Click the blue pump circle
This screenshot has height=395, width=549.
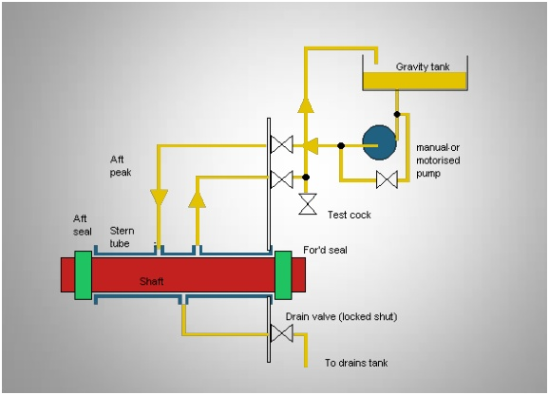(x=380, y=142)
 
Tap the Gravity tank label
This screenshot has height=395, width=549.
(x=423, y=66)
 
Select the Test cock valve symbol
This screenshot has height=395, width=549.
(x=308, y=204)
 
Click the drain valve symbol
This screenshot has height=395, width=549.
(x=282, y=333)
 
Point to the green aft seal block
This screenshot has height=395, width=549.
(x=84, y=275)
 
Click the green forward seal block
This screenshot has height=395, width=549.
(x=283, y=275)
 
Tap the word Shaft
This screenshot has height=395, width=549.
(x=151, y=281)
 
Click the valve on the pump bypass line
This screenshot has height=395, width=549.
(x=387, y=179)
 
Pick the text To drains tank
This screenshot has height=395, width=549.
(x=356, y=363)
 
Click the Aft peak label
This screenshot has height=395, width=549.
(x=121, y=166)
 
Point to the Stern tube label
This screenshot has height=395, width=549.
(x=122, y=236)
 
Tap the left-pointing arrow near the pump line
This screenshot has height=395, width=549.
(x=311, y=145)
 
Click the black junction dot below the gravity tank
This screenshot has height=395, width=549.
(x=397, y=114)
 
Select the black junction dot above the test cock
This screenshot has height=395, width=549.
(x=306, y=177)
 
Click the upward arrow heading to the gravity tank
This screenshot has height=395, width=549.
(x=306, y=105)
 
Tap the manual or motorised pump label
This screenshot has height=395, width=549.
(x=438, y=160)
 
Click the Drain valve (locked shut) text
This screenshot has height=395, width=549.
(x=341, y=316)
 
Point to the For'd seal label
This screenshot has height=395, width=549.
(x=325, y=250)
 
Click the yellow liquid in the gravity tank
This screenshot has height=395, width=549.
(x=415, y=81)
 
